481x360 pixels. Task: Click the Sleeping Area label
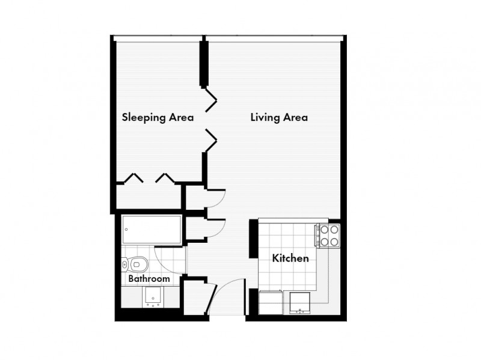point(158,117)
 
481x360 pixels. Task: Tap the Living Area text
point(279,117)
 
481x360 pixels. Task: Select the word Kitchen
point(290,258)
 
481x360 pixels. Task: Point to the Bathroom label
point(149,279)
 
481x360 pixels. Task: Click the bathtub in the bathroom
point(152,230)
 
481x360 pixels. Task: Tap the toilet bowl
point(139,264)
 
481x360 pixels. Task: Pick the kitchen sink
point(299,303)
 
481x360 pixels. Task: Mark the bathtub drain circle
point(126,230)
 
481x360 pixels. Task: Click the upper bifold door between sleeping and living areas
point(211,100)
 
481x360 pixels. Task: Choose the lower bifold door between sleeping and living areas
point(211,141)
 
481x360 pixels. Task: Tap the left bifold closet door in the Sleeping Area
point(133,178)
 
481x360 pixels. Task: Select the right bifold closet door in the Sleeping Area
point(165,178)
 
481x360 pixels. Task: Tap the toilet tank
point(124,264)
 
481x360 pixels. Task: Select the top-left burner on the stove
point(325,230)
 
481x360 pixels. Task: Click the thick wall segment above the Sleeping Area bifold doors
point(204,64)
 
